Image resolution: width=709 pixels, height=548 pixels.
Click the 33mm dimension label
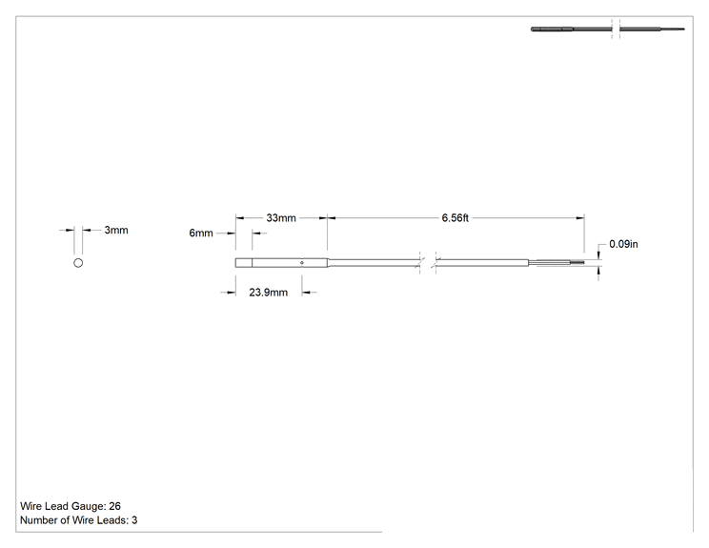(x=281, y=218)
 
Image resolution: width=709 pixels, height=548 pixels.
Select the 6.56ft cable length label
(x=455, y=218)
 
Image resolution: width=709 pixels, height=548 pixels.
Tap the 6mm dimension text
(x=201, y=233)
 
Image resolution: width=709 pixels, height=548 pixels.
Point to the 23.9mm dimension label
(x=268, y=293)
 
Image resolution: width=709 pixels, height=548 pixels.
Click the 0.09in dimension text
(x=623, y=244)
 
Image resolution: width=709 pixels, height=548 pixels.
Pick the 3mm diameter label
(x=116, y=230)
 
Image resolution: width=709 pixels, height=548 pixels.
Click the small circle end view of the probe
(x=78, y=263)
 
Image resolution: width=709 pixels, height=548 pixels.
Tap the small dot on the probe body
(x=302, y=263)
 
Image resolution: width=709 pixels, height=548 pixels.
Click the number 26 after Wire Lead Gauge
(x=115, y=506)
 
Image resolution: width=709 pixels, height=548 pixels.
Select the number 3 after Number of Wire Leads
(x=134, y=520)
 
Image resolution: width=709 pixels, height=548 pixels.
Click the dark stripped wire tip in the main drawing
(x=577, y=263)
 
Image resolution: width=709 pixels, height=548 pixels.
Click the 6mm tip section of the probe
(x=244, y=263)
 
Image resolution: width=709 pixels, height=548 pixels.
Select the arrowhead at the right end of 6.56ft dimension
(x=579, y=218)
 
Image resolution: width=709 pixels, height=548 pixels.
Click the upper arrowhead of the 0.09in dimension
(x=598, y=255)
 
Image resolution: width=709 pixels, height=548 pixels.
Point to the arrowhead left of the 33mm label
(x=240, y=218)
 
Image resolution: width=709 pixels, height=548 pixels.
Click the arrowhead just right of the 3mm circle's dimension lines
(x=87, y=230)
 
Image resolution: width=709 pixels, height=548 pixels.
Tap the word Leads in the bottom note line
(x=115, y=520)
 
